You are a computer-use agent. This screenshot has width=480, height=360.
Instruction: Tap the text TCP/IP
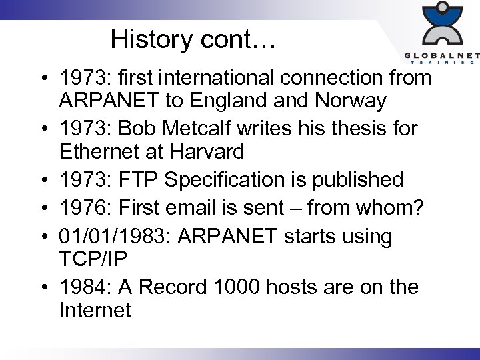click(95, 259)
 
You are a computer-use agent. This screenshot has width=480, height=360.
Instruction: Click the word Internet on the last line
click(95, 310)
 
